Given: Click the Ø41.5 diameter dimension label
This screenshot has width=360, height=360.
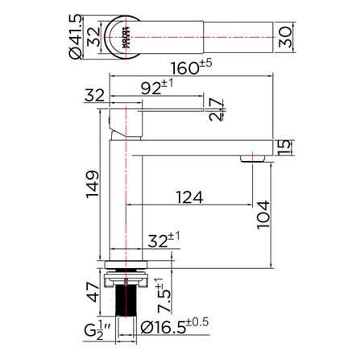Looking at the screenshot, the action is pos(76,36).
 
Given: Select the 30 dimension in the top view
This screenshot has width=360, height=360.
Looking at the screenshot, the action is pos(285,37).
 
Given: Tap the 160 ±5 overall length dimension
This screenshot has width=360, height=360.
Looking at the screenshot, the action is pos(191,67).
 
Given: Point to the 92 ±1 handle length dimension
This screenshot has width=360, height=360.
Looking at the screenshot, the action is pos(157,87).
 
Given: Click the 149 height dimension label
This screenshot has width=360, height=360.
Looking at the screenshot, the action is pos(93,184).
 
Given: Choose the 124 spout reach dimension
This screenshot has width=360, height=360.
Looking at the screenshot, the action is pos(189,197).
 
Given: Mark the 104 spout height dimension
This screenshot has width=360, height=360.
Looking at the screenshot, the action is pos(263,214).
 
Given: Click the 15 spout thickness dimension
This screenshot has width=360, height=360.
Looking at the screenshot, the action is pos(284,147).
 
